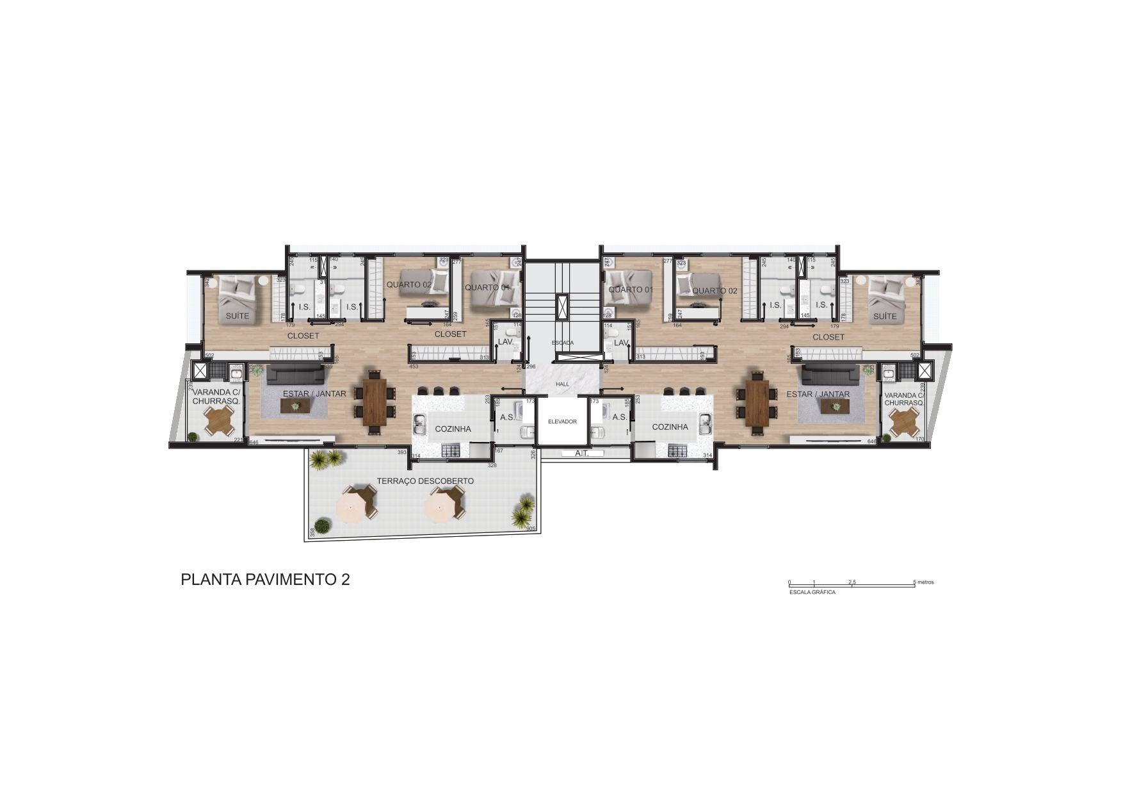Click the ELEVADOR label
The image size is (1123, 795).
tap(562, 422)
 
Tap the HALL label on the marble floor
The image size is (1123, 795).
tap(562, 384)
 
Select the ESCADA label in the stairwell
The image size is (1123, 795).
tap(563, 343)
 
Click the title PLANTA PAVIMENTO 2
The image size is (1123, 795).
tap(265, 580)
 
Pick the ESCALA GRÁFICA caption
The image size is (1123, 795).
tap(812, 593)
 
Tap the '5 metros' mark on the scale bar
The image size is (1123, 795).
tap(923, 582)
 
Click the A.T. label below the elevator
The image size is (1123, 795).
tap(581, 454)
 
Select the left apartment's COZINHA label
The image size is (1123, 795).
tap(453, 429)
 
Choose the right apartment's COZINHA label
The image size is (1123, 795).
tap(670, 427)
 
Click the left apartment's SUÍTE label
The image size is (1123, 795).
tap(237, 316)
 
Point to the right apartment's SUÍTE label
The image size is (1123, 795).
tap(885, 316)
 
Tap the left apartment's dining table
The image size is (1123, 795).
tap(375, 402)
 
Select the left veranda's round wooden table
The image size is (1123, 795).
tap(219, 420)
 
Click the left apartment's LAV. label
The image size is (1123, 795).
tap(506, 343)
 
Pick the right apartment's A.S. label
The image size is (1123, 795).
tap(619, 418)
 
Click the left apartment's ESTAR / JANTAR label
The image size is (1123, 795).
tap(314, 394)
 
